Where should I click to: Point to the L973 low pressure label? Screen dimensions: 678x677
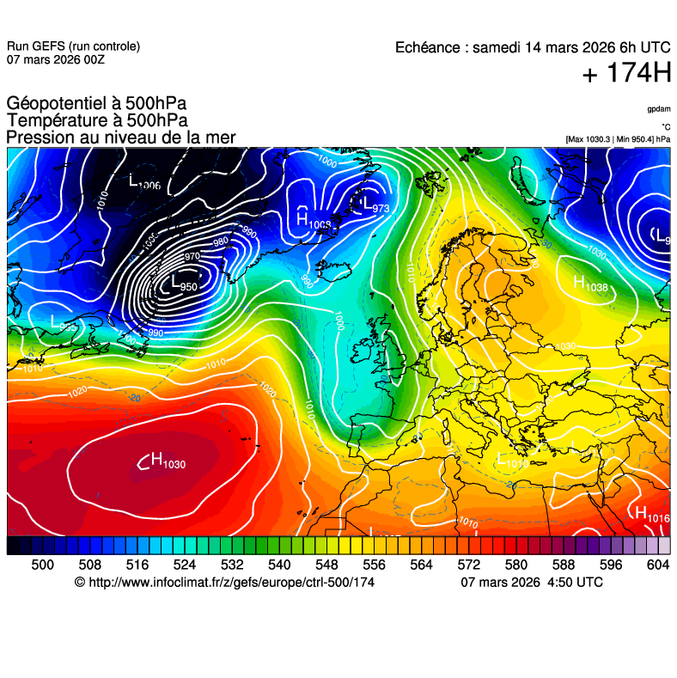[x=375, y=205]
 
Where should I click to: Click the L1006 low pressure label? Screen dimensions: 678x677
[x=144, y=181]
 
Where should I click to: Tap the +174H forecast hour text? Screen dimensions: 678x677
[x=626, y=74]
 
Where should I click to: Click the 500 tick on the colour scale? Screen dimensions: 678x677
[x=42, y=565]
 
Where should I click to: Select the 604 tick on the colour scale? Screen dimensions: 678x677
[x=658, y=565]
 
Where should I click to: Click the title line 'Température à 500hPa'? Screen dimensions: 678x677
[x=96, y=121]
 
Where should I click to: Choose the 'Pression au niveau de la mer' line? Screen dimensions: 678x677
[x=121, y=137]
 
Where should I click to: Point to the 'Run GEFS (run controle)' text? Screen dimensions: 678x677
[x=73, y=46]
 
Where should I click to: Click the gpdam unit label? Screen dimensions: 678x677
[x=659, y=109]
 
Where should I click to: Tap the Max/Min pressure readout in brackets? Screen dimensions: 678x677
[x=618, y=139]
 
